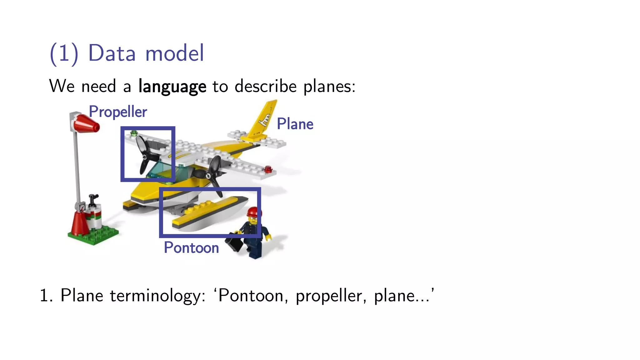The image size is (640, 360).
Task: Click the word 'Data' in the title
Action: [112, 53]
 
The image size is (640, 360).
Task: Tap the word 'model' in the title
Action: [175, 53]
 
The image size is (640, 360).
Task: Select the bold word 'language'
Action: [172, 87]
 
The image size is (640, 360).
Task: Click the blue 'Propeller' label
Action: [118, 112]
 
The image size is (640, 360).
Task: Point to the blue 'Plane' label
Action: [295, 124]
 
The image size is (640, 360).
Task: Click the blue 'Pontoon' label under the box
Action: [191, 248]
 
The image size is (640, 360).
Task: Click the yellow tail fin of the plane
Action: [264, 119]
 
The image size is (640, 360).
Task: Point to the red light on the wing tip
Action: [268, 169]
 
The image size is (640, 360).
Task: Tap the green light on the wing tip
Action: [134, 133]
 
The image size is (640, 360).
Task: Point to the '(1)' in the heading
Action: [64, 54]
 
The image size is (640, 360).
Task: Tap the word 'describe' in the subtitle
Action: [265, 87]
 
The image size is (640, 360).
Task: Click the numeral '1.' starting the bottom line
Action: [46, 296]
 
